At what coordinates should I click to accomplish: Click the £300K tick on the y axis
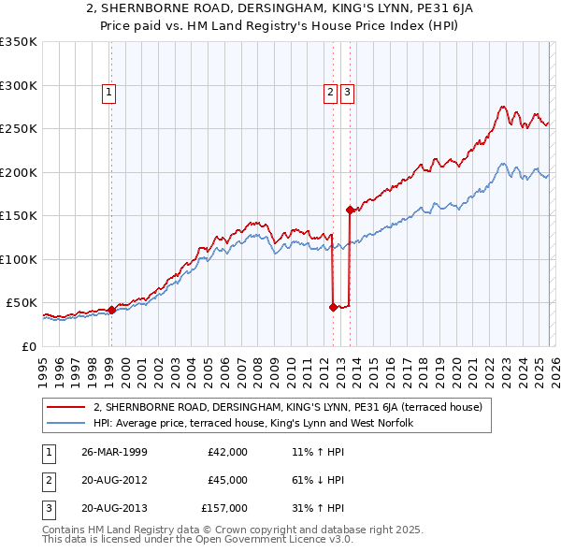point(19,85)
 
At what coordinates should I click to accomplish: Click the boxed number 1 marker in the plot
point(109,92)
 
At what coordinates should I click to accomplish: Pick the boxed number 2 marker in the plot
point(331,92)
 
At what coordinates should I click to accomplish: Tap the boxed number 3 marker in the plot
point(347,92)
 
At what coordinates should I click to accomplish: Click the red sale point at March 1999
point(111,310)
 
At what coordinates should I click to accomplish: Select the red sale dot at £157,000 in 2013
point(350,210)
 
